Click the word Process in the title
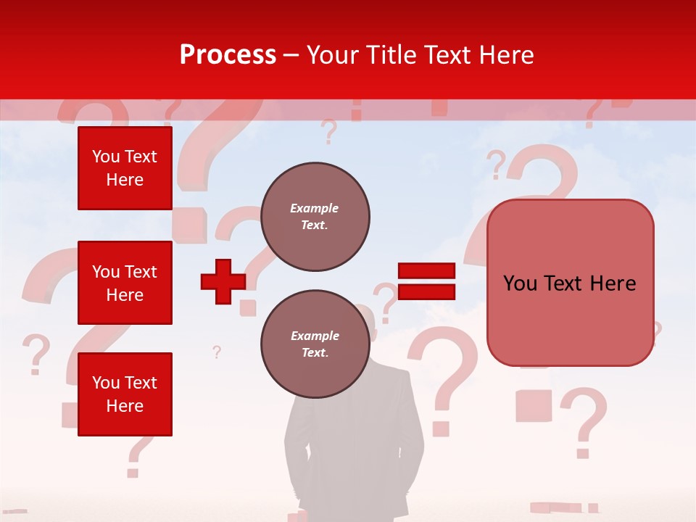pyautogui.click(x=228, y=55)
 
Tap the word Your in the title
pyautogui.click(x=332, y=55)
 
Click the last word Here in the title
pyautogui.click(x=505, y=55)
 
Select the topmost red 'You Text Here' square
pyautogui.click(x=125, y=168)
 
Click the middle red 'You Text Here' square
pyautogui.click(x=125, y=283)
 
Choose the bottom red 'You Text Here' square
pyautogui.click(x=125, y=394)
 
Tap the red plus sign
pyautogui.click(x=223, y=281)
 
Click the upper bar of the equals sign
pyautogui.click(x=426, y=271)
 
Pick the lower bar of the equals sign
pyautogui.click(x=426, y=291)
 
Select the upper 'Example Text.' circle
pyautogui.click(x=315, y=217)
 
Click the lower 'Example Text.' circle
pyautogui.click(x=315, y=344)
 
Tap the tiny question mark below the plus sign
pyautogui.click(x=216, y=352)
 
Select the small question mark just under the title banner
pyautogui.click(x=329, y=132)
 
